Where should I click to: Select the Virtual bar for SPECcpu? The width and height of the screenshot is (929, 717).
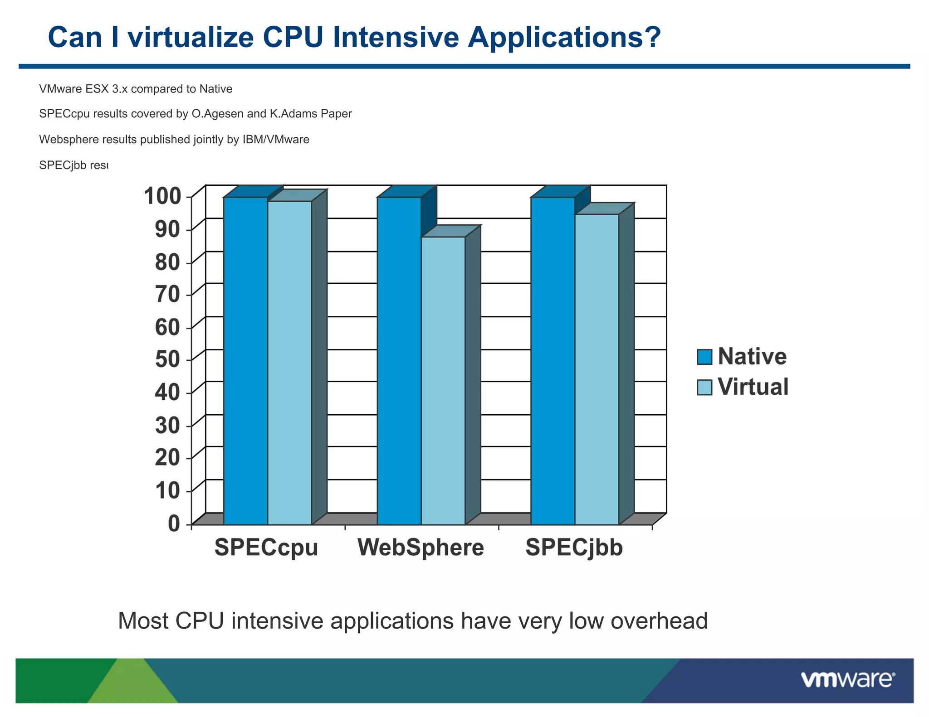[x=289, y=363]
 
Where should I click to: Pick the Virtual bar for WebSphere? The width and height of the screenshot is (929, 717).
[x=443, y=381]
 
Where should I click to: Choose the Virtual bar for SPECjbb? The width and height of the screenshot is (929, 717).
[x=597, y=369]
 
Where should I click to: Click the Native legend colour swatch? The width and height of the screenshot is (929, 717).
[x=704, y=357]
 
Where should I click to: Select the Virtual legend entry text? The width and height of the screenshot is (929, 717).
[x=753, y=387]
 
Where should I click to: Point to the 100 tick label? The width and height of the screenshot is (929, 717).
[x=162, y=196]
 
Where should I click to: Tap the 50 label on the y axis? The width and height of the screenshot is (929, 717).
[x=167, y=360]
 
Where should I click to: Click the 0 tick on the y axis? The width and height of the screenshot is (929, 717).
[x=174, y=523]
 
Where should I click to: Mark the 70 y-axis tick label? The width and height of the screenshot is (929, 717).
[x=167, y=295]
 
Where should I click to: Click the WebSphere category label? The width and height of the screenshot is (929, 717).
[x=420, y=547]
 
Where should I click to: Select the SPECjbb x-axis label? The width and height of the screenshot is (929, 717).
[x=574, y=547]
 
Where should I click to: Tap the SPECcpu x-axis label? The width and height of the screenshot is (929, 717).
[x=266, y=547]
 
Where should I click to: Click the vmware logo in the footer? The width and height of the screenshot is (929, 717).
[x=847, y=680]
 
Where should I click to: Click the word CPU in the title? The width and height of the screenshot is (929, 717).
[x=293, y=37]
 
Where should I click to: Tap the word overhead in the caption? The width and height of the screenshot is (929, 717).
[x=659, y=620]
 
